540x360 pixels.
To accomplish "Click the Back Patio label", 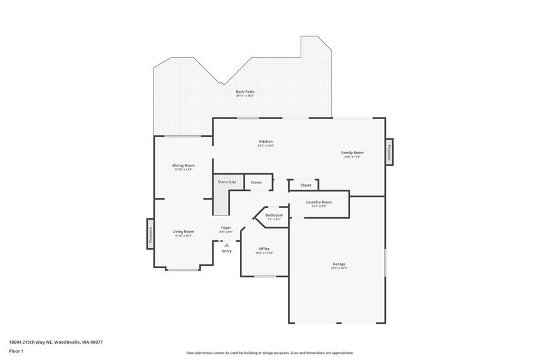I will [x=245, y=92].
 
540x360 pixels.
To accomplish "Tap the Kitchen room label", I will [x=266, y=141].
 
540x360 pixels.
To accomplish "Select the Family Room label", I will [x=352, y=153].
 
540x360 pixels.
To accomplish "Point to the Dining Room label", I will [x=184, y=165].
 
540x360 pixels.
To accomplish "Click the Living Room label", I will [x=184, y=232].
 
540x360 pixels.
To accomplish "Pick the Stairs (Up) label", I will [x=227, y=182].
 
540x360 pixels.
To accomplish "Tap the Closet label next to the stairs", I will [x=256, y=182].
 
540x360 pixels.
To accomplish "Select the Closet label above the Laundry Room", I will [x=306, y=185].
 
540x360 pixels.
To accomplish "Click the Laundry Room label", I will [x=319, y=202].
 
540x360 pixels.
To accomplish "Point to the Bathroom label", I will [x=274, y=215].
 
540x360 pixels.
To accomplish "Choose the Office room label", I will [x=264, y=249].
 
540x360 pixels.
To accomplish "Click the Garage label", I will [x=339, y=264].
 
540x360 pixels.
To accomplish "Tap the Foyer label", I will [x=226, y=228].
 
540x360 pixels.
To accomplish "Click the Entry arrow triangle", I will [x=227, y=245].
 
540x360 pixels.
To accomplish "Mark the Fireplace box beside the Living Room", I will [x=150, y=234].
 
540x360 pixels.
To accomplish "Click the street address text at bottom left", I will [x=56, y=342].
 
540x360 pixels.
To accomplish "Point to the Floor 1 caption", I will [x=16, y=351].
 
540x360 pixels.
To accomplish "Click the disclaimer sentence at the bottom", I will [x=269, y=353].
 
